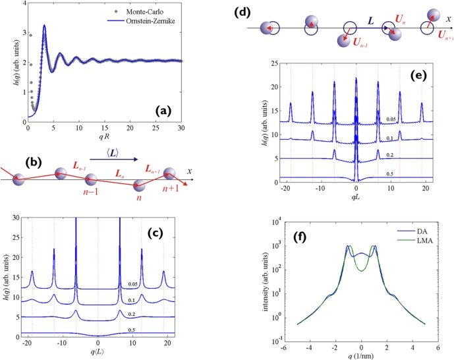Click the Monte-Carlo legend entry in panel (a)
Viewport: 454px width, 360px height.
tap(149, 12)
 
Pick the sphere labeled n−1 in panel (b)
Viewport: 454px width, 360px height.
tap(92, 179)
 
